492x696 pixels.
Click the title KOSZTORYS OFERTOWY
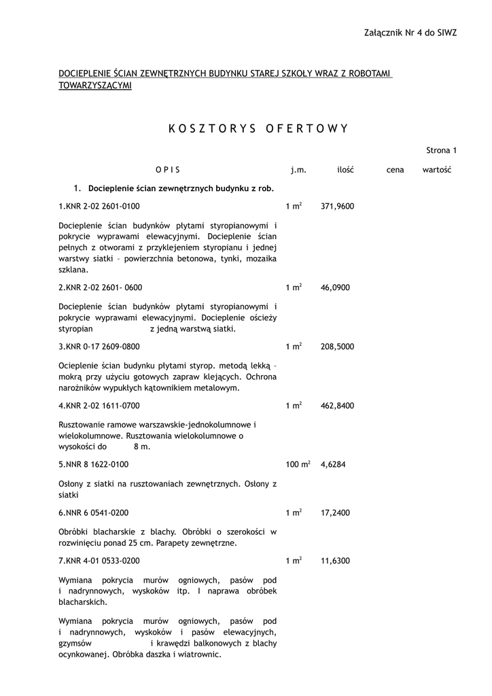tap(258, 128)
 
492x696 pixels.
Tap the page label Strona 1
tap(441, 150)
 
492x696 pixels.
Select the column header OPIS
tap(168, 170)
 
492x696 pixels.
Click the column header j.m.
tap(298, 170)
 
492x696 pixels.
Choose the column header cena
tap(395, 170)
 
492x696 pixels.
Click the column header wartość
tap(437, 170)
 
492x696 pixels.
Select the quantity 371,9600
tap(337, 207)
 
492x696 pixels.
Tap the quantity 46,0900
tap(335, 288)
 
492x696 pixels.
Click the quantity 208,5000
tap(337, 347)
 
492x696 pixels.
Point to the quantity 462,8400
tap(337, 406)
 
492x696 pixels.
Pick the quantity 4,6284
tap(333, 465)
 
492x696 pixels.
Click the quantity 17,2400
tap(335, 512)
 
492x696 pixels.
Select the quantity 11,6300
tap(335, 561)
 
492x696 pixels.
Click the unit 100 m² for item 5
tap(298, 465)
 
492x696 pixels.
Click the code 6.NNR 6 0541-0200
tap(94, 512)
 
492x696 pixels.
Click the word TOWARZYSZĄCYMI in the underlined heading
tap(95, 86)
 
